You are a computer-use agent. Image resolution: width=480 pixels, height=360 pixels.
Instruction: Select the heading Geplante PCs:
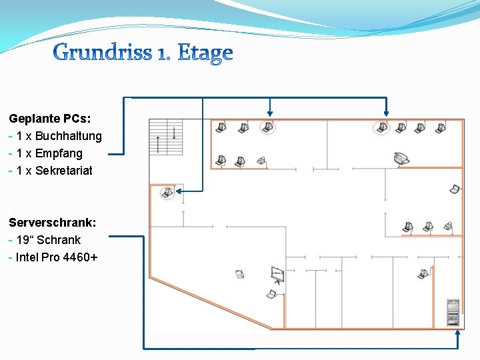[50, 119]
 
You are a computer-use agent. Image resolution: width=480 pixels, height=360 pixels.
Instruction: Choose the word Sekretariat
[64, 171]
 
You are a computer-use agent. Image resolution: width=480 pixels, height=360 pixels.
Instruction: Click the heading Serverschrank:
[52, 223]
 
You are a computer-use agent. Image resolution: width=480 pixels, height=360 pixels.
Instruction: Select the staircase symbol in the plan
[166, 137]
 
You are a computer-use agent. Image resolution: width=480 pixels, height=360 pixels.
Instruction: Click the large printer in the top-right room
[401, 159]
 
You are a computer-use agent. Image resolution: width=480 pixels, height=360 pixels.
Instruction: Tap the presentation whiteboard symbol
[278, 274]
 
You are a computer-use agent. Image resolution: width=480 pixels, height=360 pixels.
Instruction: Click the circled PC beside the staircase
[167, 193]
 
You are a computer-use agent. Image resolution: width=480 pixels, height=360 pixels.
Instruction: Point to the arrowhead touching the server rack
[457, 331]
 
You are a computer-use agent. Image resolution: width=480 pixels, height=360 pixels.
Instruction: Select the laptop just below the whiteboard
[272, 294]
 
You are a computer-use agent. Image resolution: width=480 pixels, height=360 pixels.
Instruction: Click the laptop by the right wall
[455, 189]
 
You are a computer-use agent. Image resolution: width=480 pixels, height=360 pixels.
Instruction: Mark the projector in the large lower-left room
[239, 273]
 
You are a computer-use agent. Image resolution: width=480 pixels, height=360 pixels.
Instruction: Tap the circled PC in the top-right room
[381, 127]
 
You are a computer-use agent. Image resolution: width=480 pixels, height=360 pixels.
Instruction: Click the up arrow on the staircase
[158, 143]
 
